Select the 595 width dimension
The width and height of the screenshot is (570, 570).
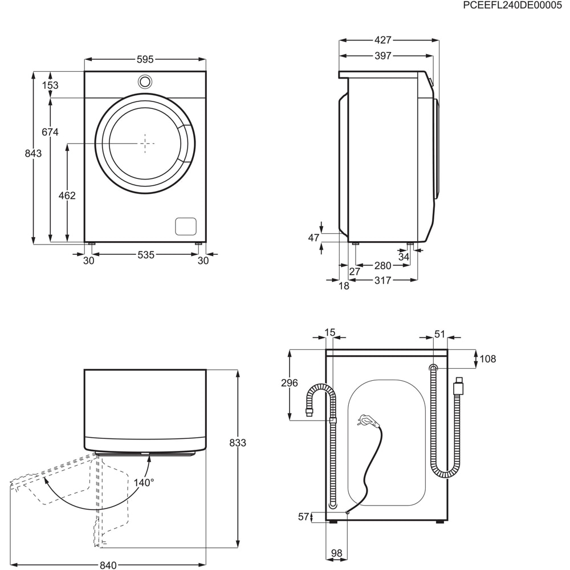[x=145, y=59]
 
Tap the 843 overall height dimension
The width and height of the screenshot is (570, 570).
[x=34, y=154]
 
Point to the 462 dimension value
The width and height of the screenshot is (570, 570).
[x=67, y=196]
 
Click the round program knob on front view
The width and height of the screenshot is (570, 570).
[x=145, y=81]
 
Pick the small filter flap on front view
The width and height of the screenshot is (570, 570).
[x=185, y=226]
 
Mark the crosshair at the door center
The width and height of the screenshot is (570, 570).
[x=146, y=144]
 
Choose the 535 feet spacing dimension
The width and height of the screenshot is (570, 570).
[x=145, y=255]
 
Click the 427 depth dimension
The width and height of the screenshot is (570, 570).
[x=383, y=40]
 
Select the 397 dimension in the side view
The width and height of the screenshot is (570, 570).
[x=383, y=56]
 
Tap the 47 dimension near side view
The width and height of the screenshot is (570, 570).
[x=313, y=238]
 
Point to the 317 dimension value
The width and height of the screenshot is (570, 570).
[x=383, y=280]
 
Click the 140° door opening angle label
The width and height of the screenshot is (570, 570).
[x=144, y=483]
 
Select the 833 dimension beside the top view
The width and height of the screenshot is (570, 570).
[x=238, y=443]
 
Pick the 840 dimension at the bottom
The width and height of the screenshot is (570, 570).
[x=108, y=565]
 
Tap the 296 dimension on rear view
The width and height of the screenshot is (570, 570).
[x=290, y=383]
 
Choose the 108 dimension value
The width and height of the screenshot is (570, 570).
[x=488, y=359]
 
